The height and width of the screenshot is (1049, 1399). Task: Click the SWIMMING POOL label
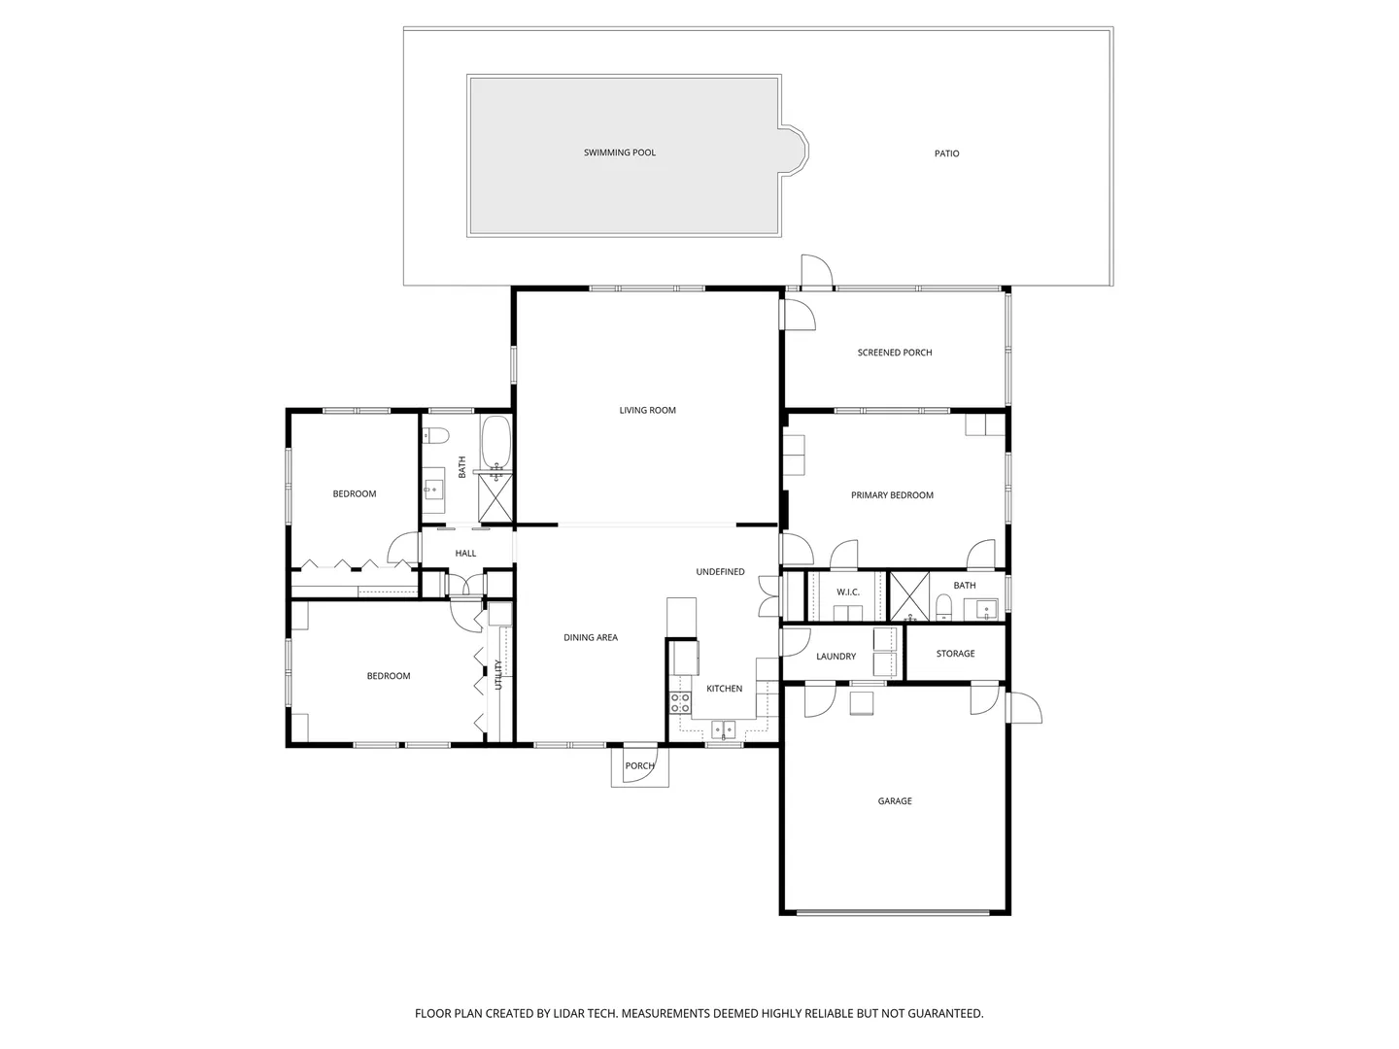[620, 152]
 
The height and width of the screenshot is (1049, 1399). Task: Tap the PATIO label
[946, 153]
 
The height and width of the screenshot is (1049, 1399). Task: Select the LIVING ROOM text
[648, 410]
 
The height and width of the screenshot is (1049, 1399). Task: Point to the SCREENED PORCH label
[894, 353]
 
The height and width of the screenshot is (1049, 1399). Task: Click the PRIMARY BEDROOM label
[892, 495]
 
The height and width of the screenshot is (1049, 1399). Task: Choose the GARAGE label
[894, 800]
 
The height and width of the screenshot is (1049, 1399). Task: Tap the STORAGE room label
[955, 654]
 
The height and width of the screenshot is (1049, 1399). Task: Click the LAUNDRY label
[836, 656]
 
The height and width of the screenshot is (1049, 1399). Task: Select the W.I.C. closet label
[848, 592]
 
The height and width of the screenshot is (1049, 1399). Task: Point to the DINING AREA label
[590, 637]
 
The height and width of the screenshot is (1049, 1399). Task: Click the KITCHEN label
[724, 689]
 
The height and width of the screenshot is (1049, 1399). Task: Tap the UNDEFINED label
[720, 572]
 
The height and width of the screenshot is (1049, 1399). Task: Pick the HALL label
[465, 554]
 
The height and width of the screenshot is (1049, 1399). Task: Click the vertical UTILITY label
[498, 674]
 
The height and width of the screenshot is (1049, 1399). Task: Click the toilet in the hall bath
[436, 436]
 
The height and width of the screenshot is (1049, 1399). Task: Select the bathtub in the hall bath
[495, 443]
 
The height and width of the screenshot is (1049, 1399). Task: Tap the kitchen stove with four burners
[680, 703]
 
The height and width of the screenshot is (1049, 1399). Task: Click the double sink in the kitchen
[724, 729]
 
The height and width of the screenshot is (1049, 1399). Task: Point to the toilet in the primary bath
[944, 607]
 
